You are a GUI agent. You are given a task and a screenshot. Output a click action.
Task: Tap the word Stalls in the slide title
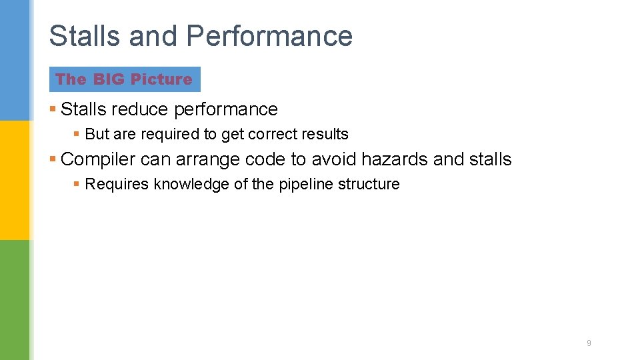(x=85, y=36)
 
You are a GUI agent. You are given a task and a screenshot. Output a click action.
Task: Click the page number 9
(x=589, y=343)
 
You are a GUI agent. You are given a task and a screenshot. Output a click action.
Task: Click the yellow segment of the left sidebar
(x=14, y=180)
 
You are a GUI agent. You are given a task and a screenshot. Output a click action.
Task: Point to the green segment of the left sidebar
(x=14, y=300)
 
